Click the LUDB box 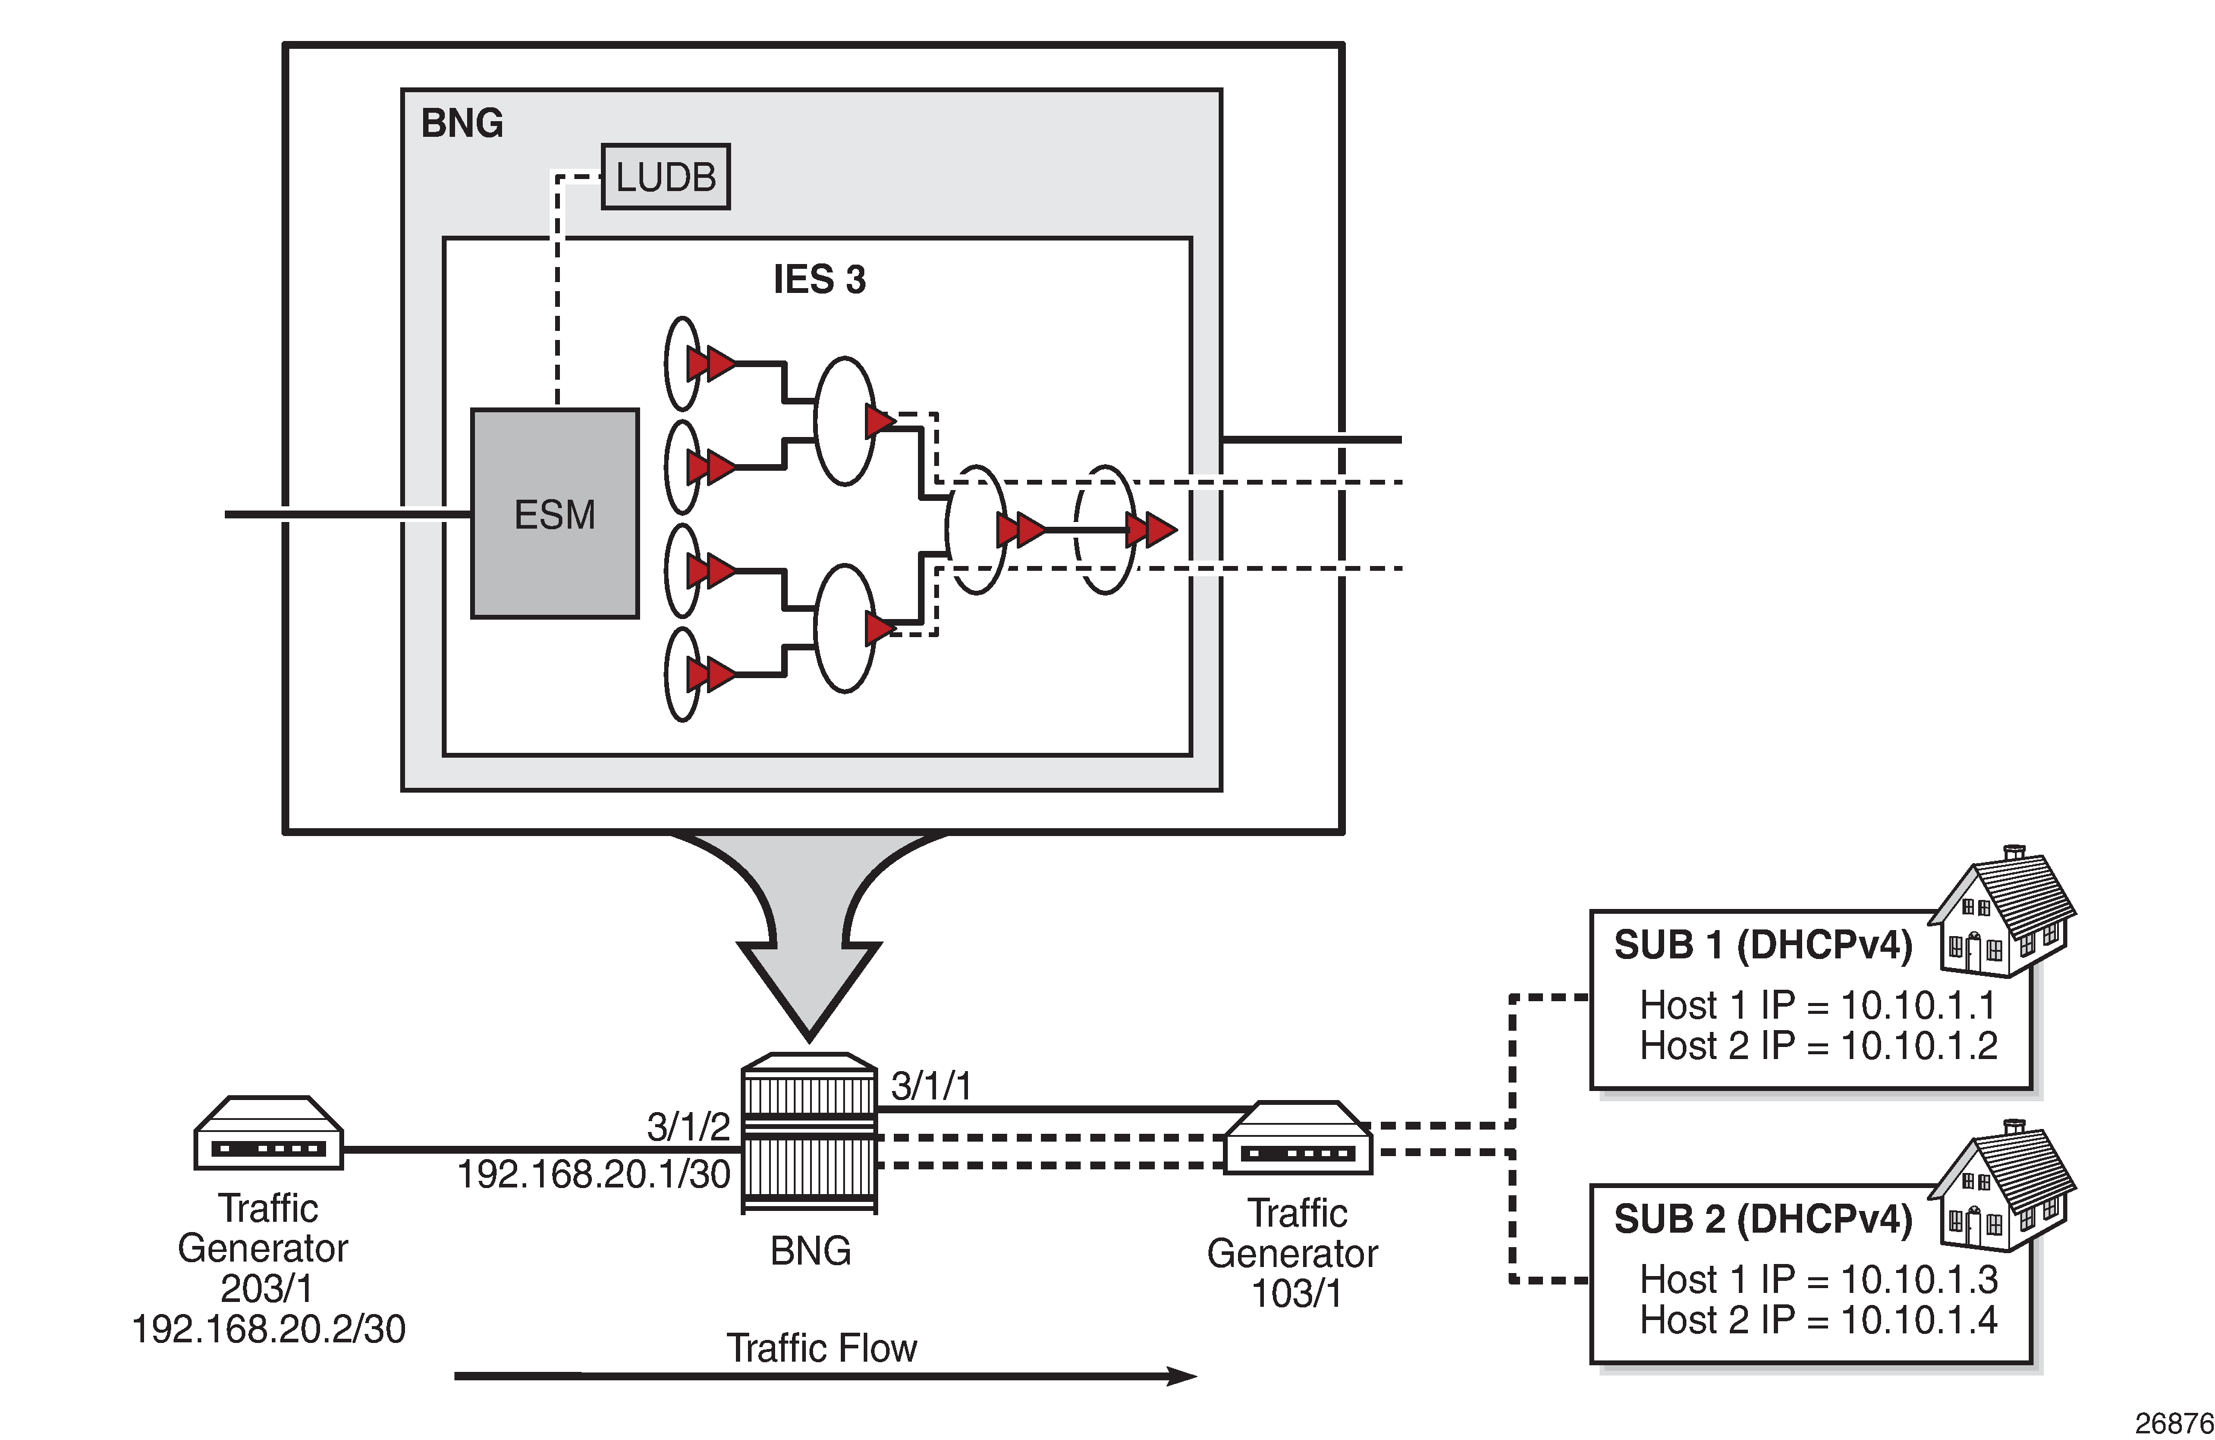[x=665, y=177]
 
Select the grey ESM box [x=555, y=514]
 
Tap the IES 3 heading [x=819, y=279]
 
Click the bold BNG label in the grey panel [x=462, y=123]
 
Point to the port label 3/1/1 [x=931, y=1086]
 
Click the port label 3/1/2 [x=689, y=1127]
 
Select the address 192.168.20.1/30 [x=594, y=1174]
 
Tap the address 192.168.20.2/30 [x=268, y=1328]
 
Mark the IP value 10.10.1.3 [x=1919, y=1280]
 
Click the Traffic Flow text [x=822, y=1348]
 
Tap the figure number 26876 [x=2174, y=1423]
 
